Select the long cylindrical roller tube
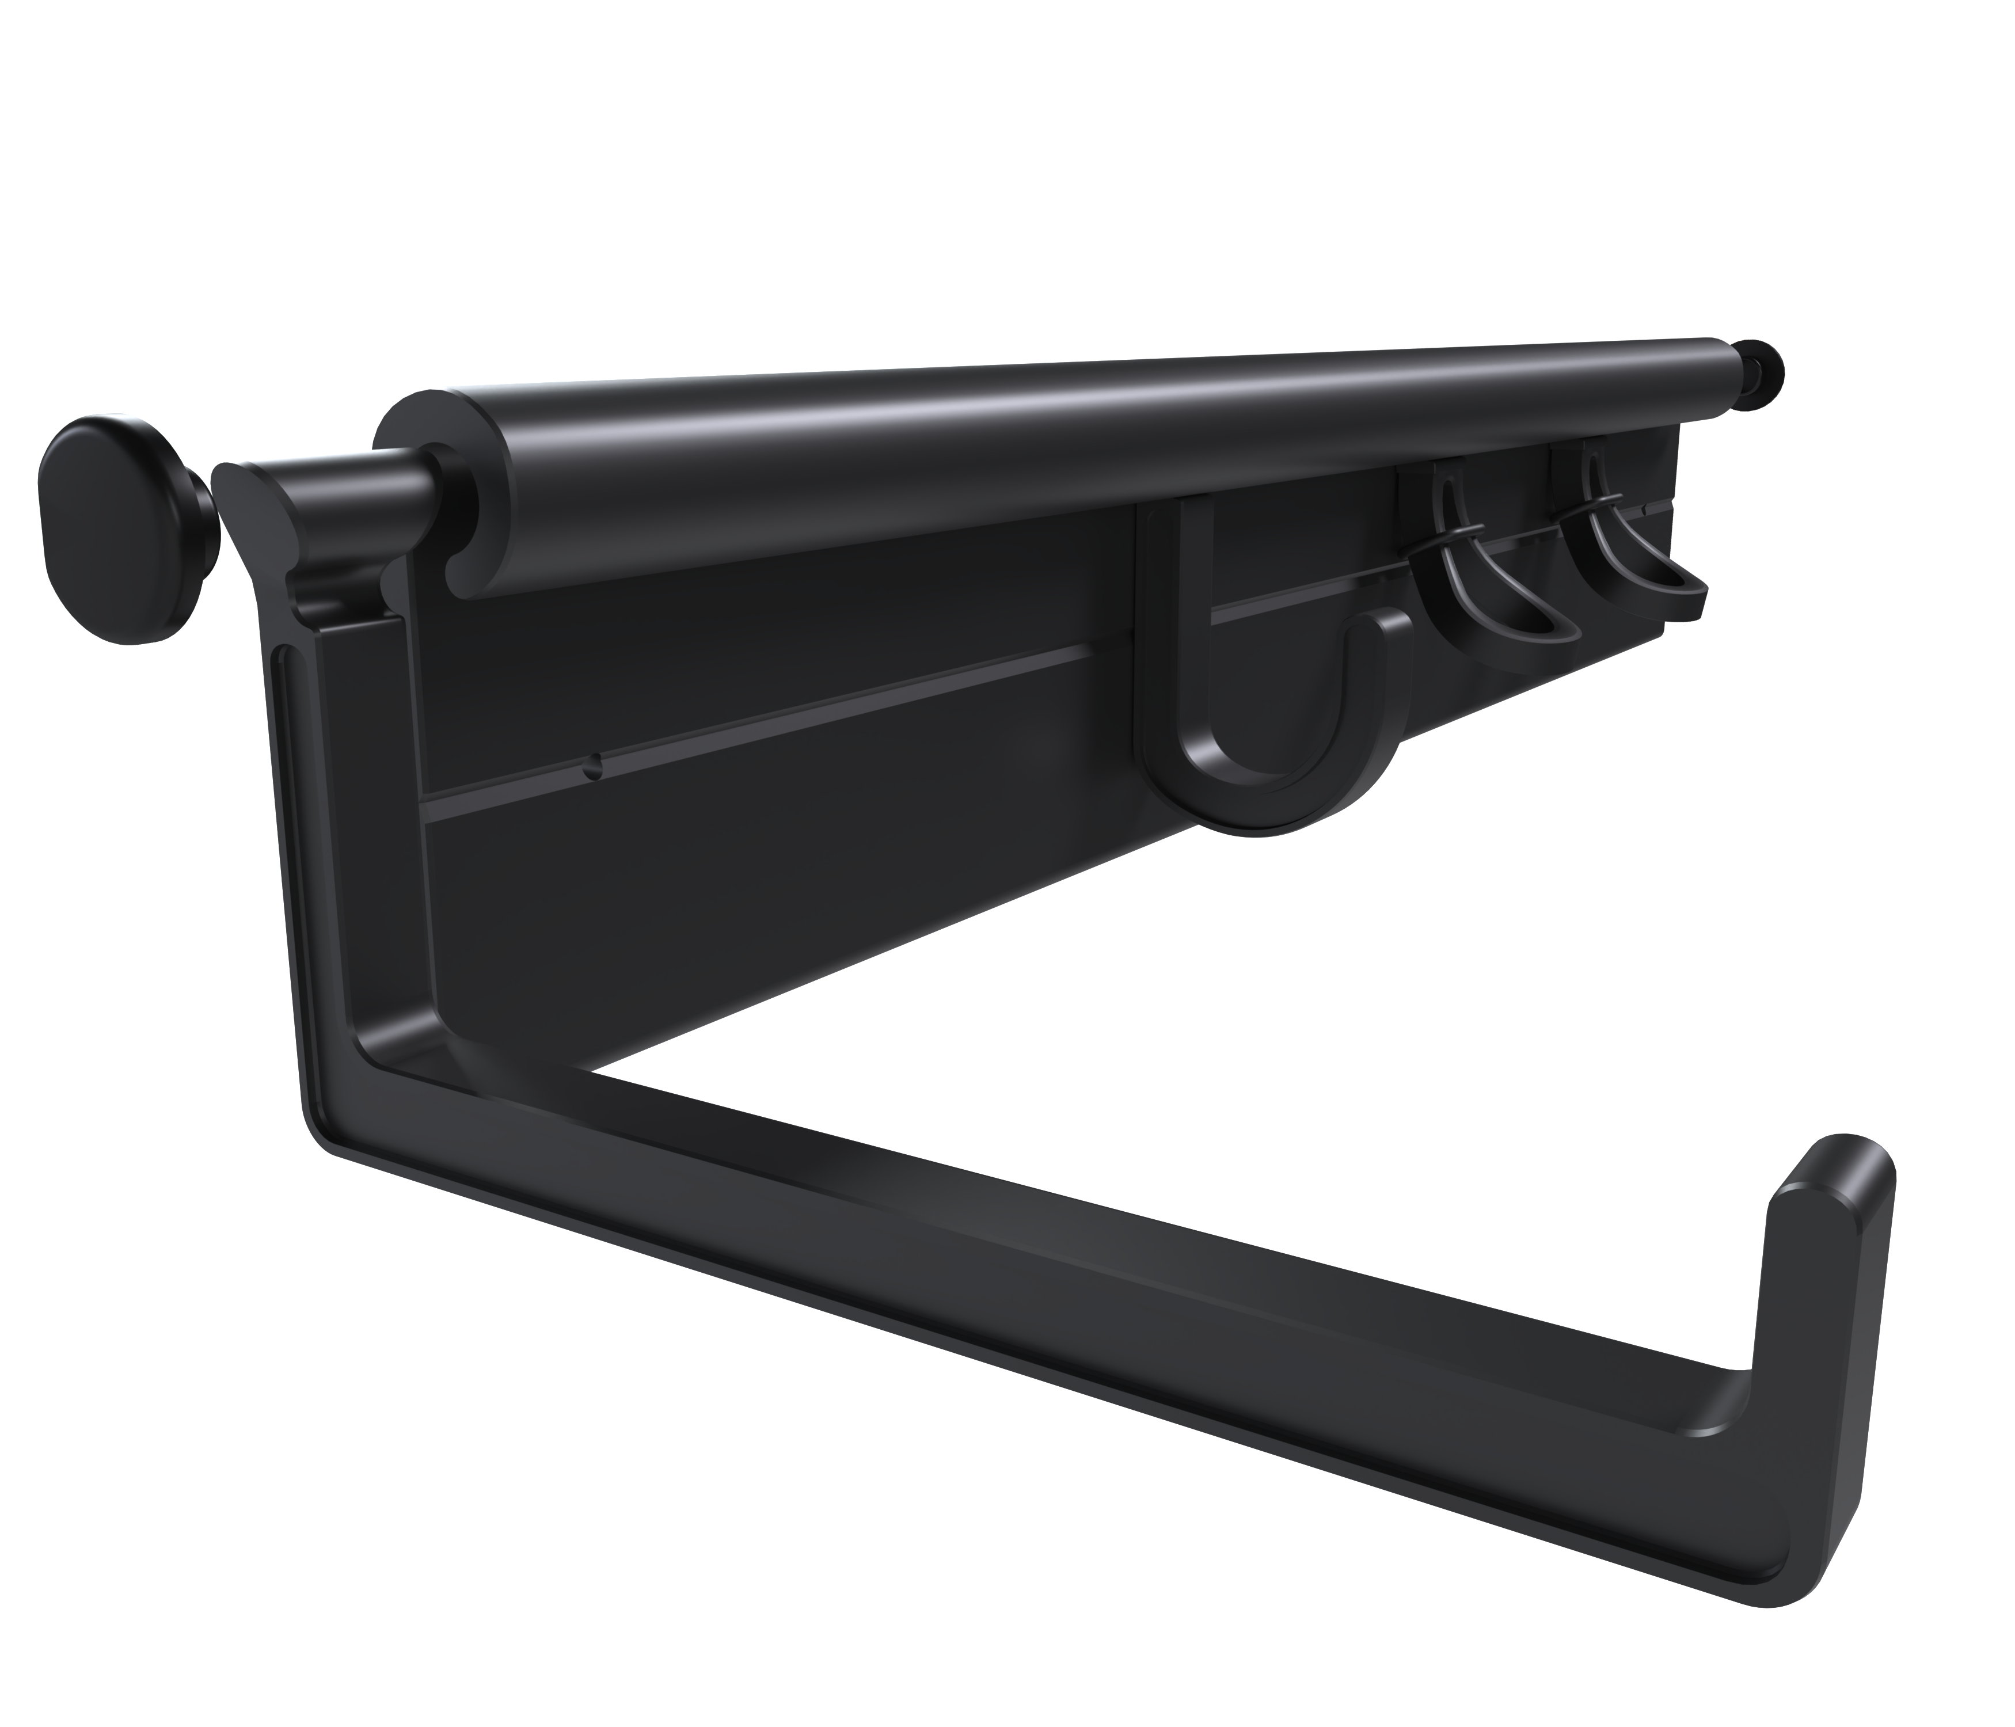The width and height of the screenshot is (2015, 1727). (x=972, y=467)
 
